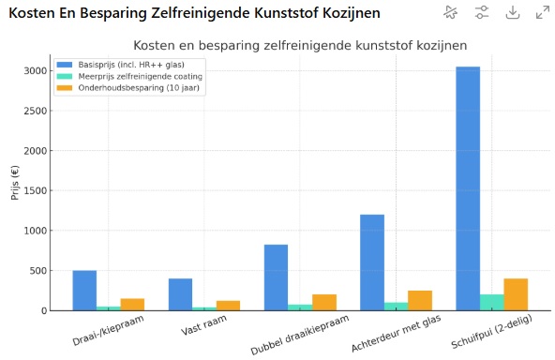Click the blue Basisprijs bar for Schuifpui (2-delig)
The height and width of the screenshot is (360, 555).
click(x=468, y=187)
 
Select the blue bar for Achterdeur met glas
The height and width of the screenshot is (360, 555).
click(x=372, y=262)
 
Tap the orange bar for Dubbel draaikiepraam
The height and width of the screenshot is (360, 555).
click(x=324, y=302)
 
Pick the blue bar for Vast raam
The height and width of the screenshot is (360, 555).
click(x=180, y=294)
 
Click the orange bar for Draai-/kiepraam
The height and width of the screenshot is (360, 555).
click(x=132, y=304)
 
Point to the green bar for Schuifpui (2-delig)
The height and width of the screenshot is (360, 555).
click(x=491, y=302)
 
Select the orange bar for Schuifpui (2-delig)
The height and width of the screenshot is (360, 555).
click(x=516, y=294)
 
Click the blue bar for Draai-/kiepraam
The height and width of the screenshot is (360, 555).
click(x=84, y=291)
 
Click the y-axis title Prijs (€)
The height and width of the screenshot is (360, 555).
click(x=14, y=183)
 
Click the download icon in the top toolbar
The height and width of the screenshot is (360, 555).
click(x=512, y=12)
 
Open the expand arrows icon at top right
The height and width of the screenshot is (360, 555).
click(x=542, y=12)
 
